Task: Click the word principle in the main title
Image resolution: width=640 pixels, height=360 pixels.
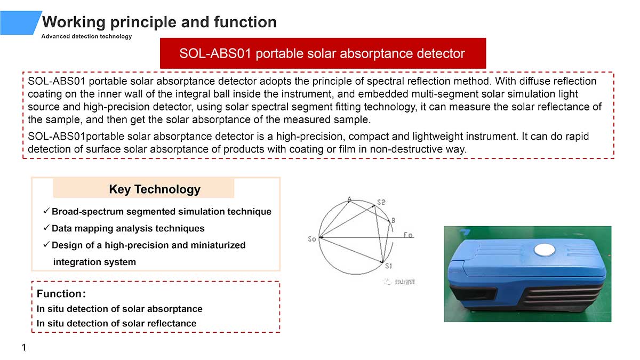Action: click(143, 22)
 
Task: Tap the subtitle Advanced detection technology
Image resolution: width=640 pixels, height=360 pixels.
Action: click(86, 36)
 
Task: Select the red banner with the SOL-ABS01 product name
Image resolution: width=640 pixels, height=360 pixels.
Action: click(323, 53)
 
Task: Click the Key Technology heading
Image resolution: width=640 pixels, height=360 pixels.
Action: click(155, 189)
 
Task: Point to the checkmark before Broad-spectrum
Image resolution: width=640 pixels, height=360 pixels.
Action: click(46, 211)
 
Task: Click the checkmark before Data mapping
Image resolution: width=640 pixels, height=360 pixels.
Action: click(46, 228)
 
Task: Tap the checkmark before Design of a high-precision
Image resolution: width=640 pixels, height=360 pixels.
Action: click(46, 244)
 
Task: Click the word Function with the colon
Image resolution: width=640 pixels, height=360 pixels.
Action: click(61, 293)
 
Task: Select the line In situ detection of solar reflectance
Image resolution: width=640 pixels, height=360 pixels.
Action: click(117, 323)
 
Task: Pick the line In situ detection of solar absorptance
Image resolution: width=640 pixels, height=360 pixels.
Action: click(119, 309)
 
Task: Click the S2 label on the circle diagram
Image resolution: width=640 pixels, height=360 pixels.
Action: click(381, 202)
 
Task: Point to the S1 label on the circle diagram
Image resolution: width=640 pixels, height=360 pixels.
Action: click(388, 266)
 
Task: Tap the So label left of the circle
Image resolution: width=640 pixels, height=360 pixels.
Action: click(311, 239)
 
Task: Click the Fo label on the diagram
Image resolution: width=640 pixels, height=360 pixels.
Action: click(408, 235)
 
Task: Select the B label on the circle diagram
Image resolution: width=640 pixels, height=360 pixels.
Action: click(394, 220)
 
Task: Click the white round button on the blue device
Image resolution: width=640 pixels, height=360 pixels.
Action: click(545, 250)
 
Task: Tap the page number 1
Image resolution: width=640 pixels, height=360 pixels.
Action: click(24, 347)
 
